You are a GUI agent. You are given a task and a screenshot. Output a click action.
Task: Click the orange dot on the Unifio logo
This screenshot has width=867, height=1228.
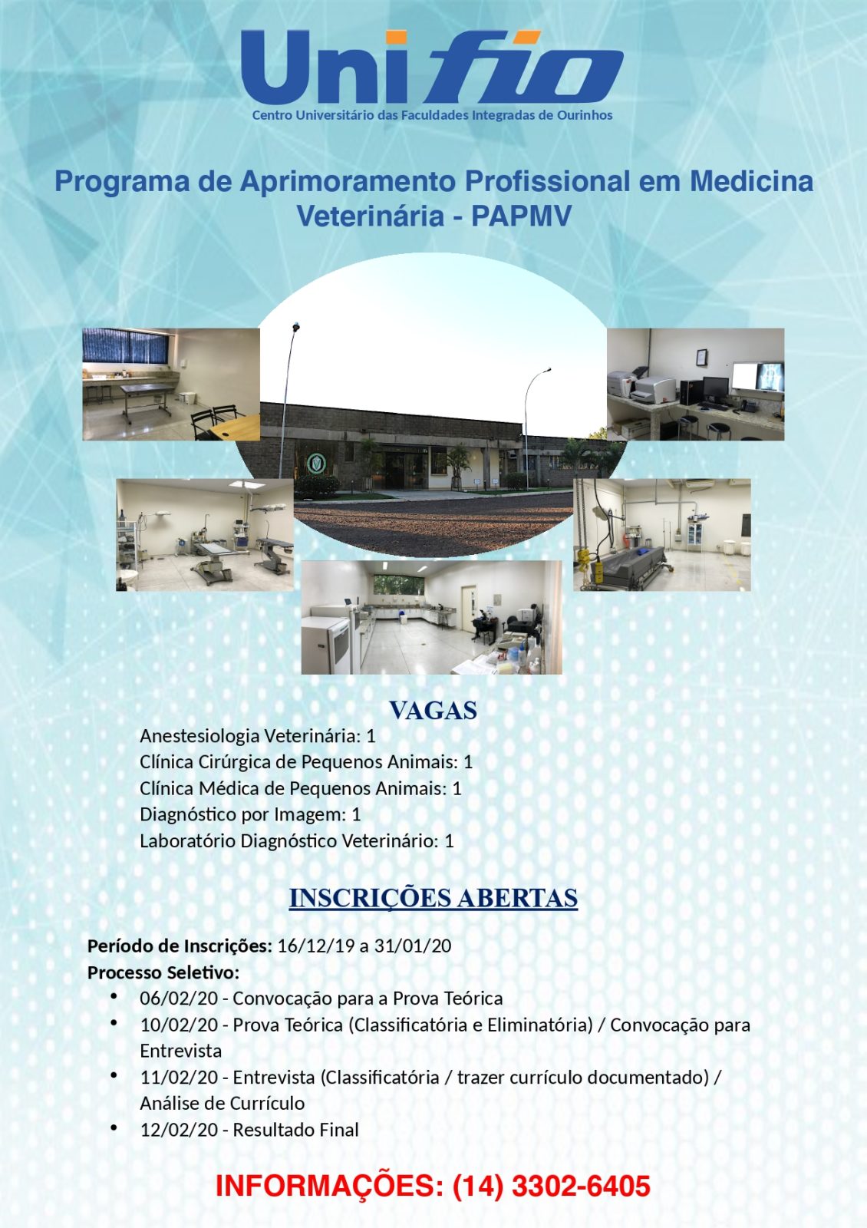click(x=396, y=37)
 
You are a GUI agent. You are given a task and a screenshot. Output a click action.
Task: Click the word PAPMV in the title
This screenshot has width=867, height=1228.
click(x=521, y=216)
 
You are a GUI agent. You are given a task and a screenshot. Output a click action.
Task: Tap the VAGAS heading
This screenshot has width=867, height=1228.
click(x=433, y=710)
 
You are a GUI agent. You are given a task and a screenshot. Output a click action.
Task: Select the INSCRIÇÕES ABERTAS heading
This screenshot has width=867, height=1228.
click(x=433, y=898)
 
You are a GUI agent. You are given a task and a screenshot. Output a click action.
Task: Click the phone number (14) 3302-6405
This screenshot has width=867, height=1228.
click(x=552, y=1186)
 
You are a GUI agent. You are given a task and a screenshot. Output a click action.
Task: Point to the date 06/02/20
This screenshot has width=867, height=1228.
click(x=179, y=999)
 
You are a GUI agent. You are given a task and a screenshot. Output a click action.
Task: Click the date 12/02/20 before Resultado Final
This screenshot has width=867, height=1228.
click(x=179, y=1130)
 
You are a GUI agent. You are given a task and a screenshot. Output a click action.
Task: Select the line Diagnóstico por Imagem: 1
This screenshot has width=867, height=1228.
click(x=250, y=814)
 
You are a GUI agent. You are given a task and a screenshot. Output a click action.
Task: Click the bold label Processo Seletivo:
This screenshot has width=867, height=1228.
click(x=163, y=972)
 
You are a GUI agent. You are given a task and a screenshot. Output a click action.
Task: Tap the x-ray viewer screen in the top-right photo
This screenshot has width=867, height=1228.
click(x=757, y=377)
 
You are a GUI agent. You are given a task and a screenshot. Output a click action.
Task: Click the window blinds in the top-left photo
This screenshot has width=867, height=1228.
click(x=124, y=345)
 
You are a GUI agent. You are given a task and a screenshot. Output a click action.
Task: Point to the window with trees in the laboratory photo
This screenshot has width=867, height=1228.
click(x=398, y=583)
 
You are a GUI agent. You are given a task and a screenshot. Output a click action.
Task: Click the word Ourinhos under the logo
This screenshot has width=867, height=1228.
click(x=586, y=115)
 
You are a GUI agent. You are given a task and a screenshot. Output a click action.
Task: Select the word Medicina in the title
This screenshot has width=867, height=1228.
click(x=751, y=182)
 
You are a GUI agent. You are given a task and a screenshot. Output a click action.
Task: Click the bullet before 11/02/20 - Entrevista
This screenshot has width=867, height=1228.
click(x=114, y=1075)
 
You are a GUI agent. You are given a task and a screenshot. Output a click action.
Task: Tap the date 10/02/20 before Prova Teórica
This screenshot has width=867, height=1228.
click(x=179, y=1025)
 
